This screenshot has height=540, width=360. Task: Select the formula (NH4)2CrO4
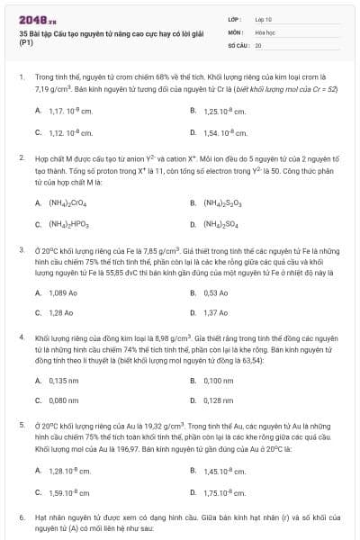pos(70,202)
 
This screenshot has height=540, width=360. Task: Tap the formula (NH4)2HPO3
pos(70,224)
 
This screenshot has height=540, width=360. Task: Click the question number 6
pos(22,519)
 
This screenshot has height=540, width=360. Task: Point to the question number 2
pos(22,157)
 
